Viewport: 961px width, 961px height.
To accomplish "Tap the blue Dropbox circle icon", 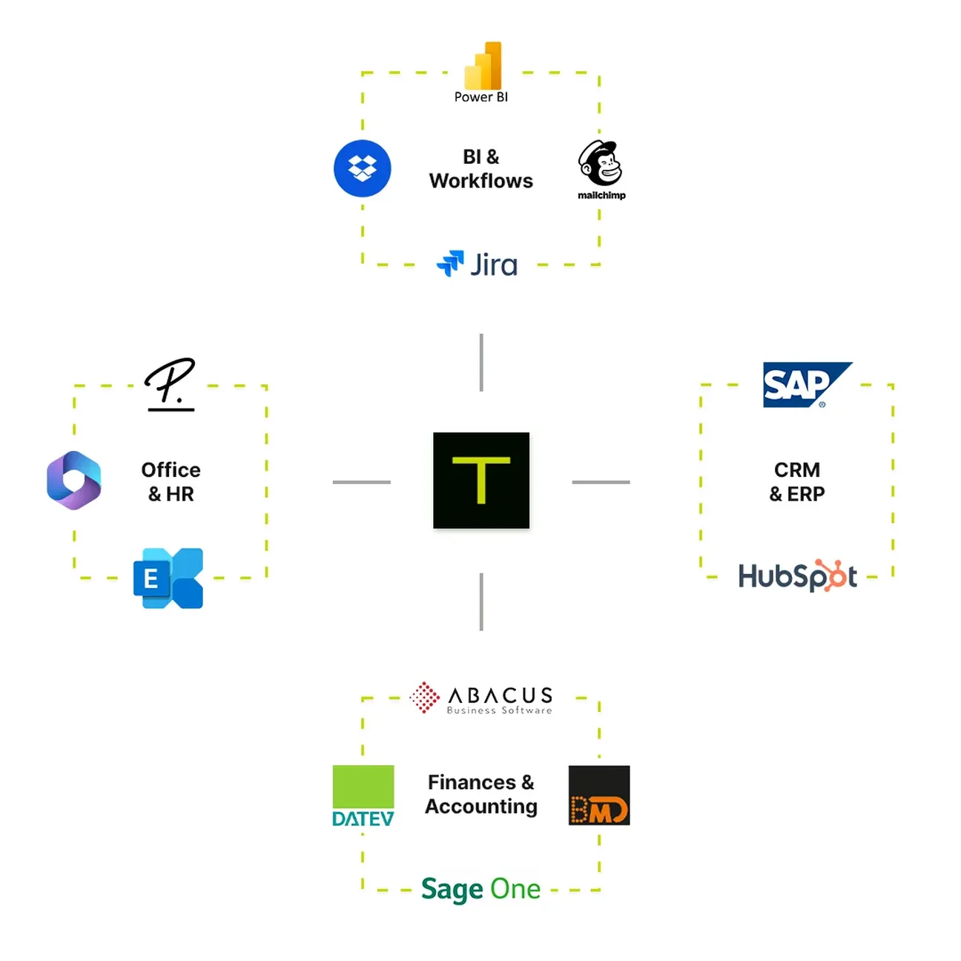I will pyautogui.click(x=362, y=168).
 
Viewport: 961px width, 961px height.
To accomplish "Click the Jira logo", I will pyautogui.click(x=478, y=264).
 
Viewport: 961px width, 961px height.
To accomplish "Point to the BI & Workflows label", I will pyautogui.click(x=480, y=169).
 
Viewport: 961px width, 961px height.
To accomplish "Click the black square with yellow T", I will pyautogui.click(x=481, y=480).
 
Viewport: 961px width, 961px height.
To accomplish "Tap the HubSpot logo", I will pyautogui.click(x=798, y=575).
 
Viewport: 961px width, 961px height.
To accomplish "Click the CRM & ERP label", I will pyautogui.click(x=797, y=482).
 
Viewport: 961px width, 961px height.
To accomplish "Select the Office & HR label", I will pyautogui.click(x=171, y=482).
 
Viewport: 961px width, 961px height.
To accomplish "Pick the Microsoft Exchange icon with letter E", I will pyautogui.click(x=168, y=578).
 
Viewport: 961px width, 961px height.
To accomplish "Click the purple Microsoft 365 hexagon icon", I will pyautogui.click(x=74, y=480).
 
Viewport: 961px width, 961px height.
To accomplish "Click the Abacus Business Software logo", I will pyautogui.click(x=481, y=699).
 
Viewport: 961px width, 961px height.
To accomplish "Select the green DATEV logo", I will pyautogui.click(x=363, y=796).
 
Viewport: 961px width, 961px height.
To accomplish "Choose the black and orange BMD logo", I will pyautogui.click(x=598, y=796).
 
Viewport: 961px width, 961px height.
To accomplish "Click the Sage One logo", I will pyautogui.click(x=480, y=888).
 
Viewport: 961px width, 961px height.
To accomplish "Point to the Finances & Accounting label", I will pyautogui.click(x=480, y=794).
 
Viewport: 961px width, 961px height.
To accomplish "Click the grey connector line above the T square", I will pyautogui.click(x=481, y=363).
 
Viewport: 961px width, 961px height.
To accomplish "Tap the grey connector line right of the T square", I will pyautogui.click(x=601, y=482).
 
